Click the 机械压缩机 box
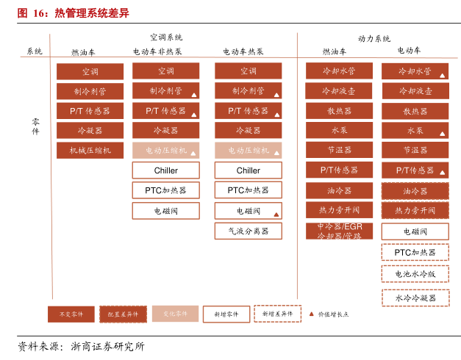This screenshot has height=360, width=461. click(x=90, y=151)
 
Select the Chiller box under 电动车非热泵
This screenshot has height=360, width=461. click(x=165, y=170)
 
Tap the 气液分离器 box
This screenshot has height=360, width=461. click(x=248, y=231)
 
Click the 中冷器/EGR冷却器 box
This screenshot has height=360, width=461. click(x=339, y=231)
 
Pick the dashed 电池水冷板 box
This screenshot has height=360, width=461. click(x=415, y=273)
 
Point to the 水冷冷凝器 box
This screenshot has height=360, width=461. click(x=415, y=298)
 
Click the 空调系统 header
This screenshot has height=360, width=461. click(x=166, y=37)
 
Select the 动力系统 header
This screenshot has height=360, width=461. click(x=374, y=38)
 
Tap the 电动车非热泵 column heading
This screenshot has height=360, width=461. click(x=157, y=52)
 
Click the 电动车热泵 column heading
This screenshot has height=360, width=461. click(x=243, y=52)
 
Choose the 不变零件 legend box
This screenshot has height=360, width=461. click(x=71, y=314)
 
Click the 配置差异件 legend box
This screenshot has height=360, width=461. click(x=123, y=314)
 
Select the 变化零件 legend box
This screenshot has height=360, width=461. click(x=175, y=314)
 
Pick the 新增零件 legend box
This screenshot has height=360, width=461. click(x=226, y=314)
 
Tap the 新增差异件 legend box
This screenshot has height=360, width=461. click(x=277, y=314)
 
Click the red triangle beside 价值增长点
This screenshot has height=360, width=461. click(x=311, y=314)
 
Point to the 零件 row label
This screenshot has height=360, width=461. click(x=35, y=126)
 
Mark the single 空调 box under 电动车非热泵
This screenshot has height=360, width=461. click(x=165, y=71)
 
